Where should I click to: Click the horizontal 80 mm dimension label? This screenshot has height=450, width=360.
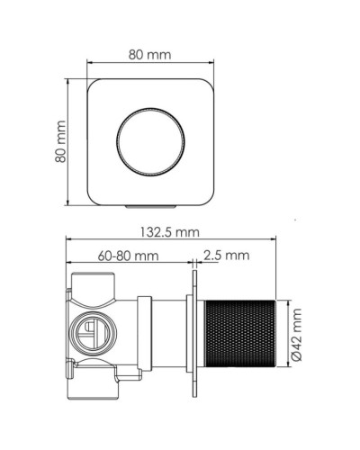(149, 54)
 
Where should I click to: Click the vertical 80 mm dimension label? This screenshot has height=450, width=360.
(60, 141)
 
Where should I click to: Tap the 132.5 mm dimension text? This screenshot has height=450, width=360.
(168, 231)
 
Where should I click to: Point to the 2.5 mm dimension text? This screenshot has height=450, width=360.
(226, 256)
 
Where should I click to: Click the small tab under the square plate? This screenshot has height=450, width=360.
(149, 206)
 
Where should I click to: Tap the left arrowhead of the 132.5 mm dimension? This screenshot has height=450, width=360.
(70, 240)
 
